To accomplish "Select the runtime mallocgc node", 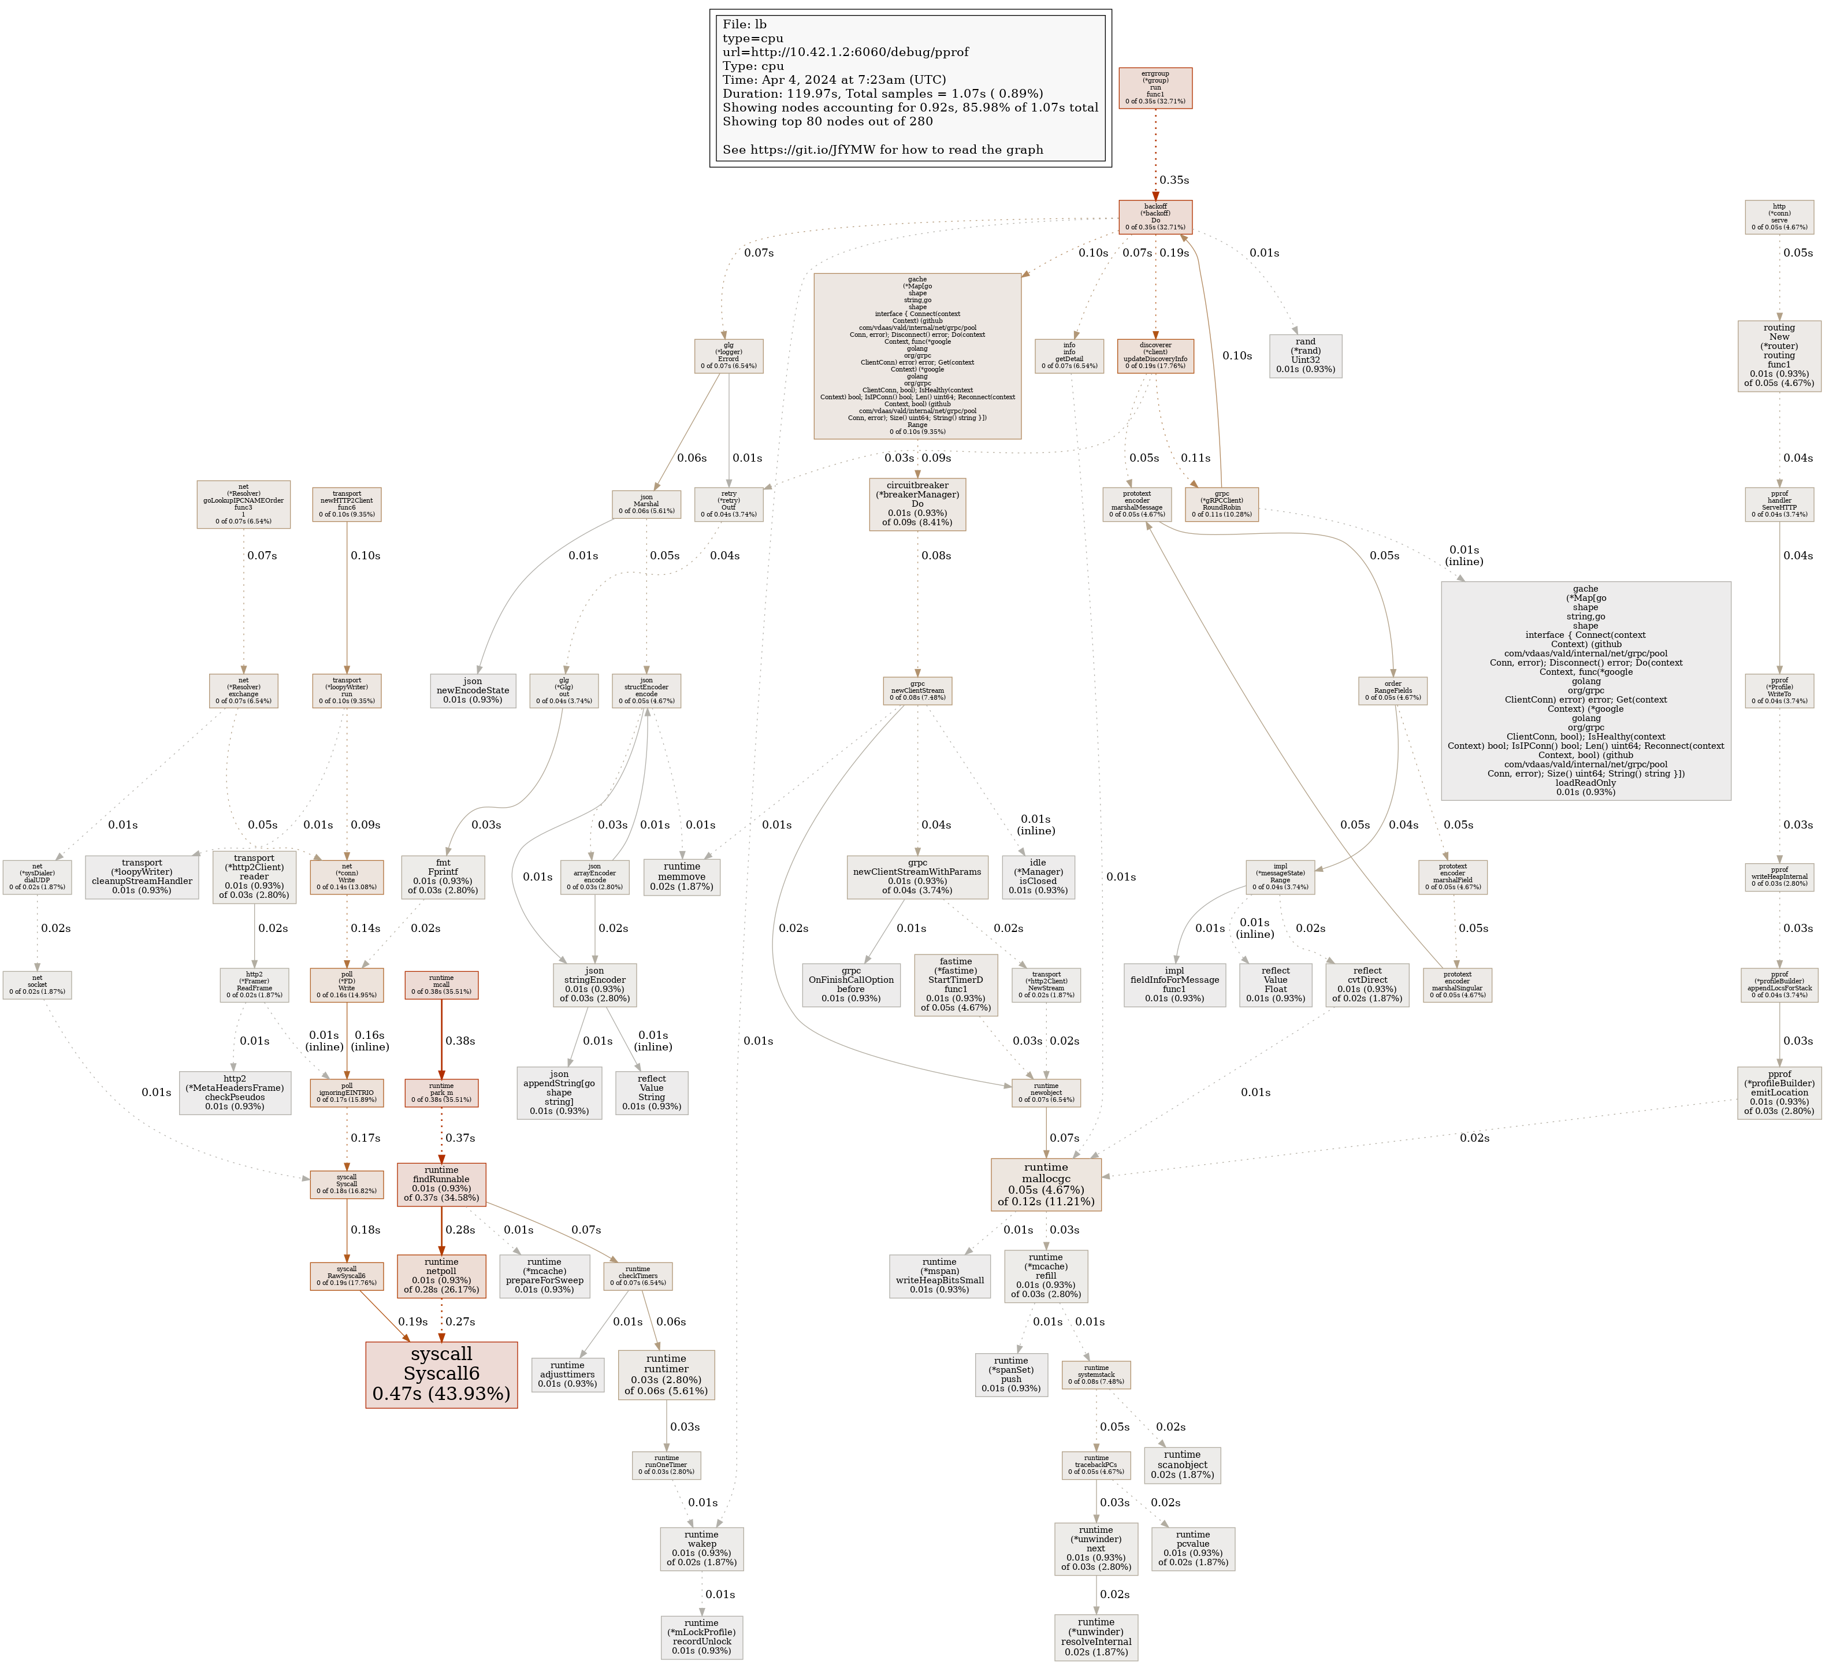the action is coord(1046,1184).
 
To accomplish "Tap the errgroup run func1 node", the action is coord(1155,88).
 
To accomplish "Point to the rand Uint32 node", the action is coord(1306,356).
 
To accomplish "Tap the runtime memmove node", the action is coord(682,876).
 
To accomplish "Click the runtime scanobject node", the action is coord(1182,1465).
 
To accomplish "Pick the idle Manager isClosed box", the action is coord(1038,876).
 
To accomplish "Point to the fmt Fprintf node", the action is coord(443,876).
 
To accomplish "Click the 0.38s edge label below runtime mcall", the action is coord(460,1041).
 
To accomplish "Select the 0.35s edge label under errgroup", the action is coord(1174,180).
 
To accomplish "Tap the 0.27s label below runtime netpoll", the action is coord(460,1322).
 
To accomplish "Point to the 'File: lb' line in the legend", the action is coord(744,24).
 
